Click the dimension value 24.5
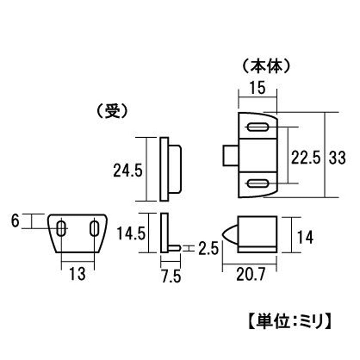pos(128,170)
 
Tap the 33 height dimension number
pos(337,158)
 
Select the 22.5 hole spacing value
pos(306,157)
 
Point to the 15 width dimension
pos(258,88)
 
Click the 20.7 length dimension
pos(251,274)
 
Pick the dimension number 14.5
pos(131,233)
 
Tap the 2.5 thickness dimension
pos(208,248)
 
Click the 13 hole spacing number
pos(77,274)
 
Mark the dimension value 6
pos(15,221)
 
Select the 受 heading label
pos(112,111)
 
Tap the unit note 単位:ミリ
pos(290,321)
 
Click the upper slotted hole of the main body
pos(257,127)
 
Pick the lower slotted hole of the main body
pos(257,184)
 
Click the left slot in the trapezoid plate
pos(61,229)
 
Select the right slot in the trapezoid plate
pos(94,229)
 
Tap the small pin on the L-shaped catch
pos(175,248)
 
